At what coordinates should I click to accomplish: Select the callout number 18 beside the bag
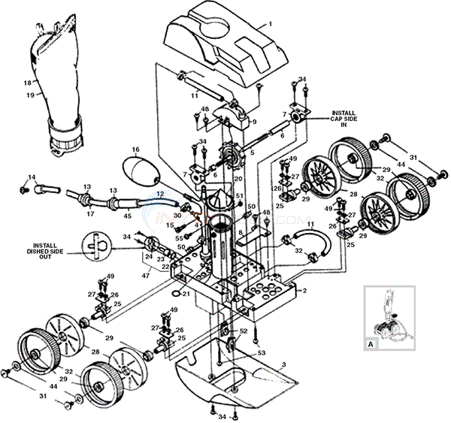point(27,83)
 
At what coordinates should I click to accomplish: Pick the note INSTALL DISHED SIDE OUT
point(53,249)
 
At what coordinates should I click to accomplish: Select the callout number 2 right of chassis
point(305,290)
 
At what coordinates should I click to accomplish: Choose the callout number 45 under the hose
point(128,216)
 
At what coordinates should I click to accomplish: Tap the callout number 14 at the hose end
point(31,177)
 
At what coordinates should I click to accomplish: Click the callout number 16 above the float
point(136,150)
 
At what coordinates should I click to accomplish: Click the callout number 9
point(253,121)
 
